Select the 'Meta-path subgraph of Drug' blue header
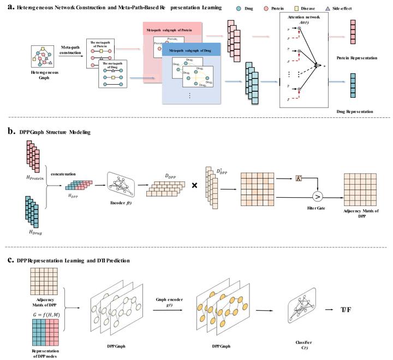coord(190,51)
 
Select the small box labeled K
coord(299,164)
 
